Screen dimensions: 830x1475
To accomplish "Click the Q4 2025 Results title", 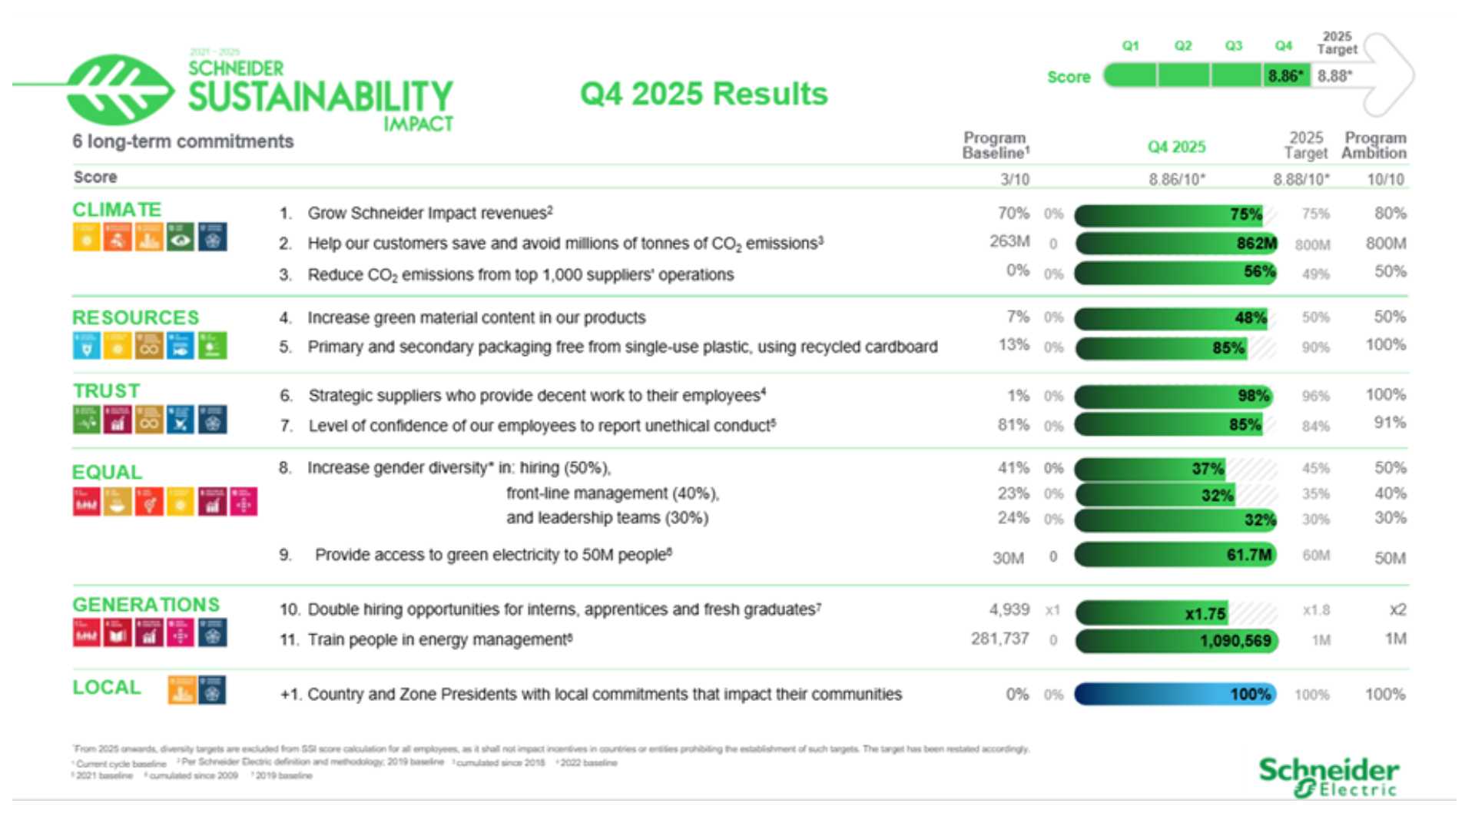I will tap(704, 94).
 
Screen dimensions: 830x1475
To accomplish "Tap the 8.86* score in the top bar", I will tap(1285, 76).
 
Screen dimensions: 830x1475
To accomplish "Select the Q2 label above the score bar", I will tap(1182, 46).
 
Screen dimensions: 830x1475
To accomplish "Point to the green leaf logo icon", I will tap(119, 88).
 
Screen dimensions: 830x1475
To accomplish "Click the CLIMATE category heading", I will tap(117, 210).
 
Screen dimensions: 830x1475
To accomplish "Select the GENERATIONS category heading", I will tap(146, 605).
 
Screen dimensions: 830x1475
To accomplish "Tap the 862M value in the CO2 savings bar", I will tap(1256, 244).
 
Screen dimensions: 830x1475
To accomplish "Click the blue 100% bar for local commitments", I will tap(1175, 695).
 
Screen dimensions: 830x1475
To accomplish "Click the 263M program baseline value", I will tap(1009, 241).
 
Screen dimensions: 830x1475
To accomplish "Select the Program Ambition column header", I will tap(1374, 145).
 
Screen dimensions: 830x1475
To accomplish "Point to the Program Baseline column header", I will tap(995, 145).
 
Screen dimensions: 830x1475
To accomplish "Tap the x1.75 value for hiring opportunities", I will tap(1205, 614).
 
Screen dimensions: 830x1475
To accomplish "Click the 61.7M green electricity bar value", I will tap(1248, 555).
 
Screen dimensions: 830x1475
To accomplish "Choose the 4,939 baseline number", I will tap(1009, 609).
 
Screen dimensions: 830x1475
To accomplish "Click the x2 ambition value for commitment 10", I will tap(1397, 609).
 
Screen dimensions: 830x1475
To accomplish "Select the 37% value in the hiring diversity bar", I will tap(1207, 469).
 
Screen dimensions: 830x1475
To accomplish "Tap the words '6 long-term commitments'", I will tap(183, 141).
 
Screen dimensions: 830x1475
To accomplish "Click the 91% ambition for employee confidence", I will tap(1390, 423).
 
